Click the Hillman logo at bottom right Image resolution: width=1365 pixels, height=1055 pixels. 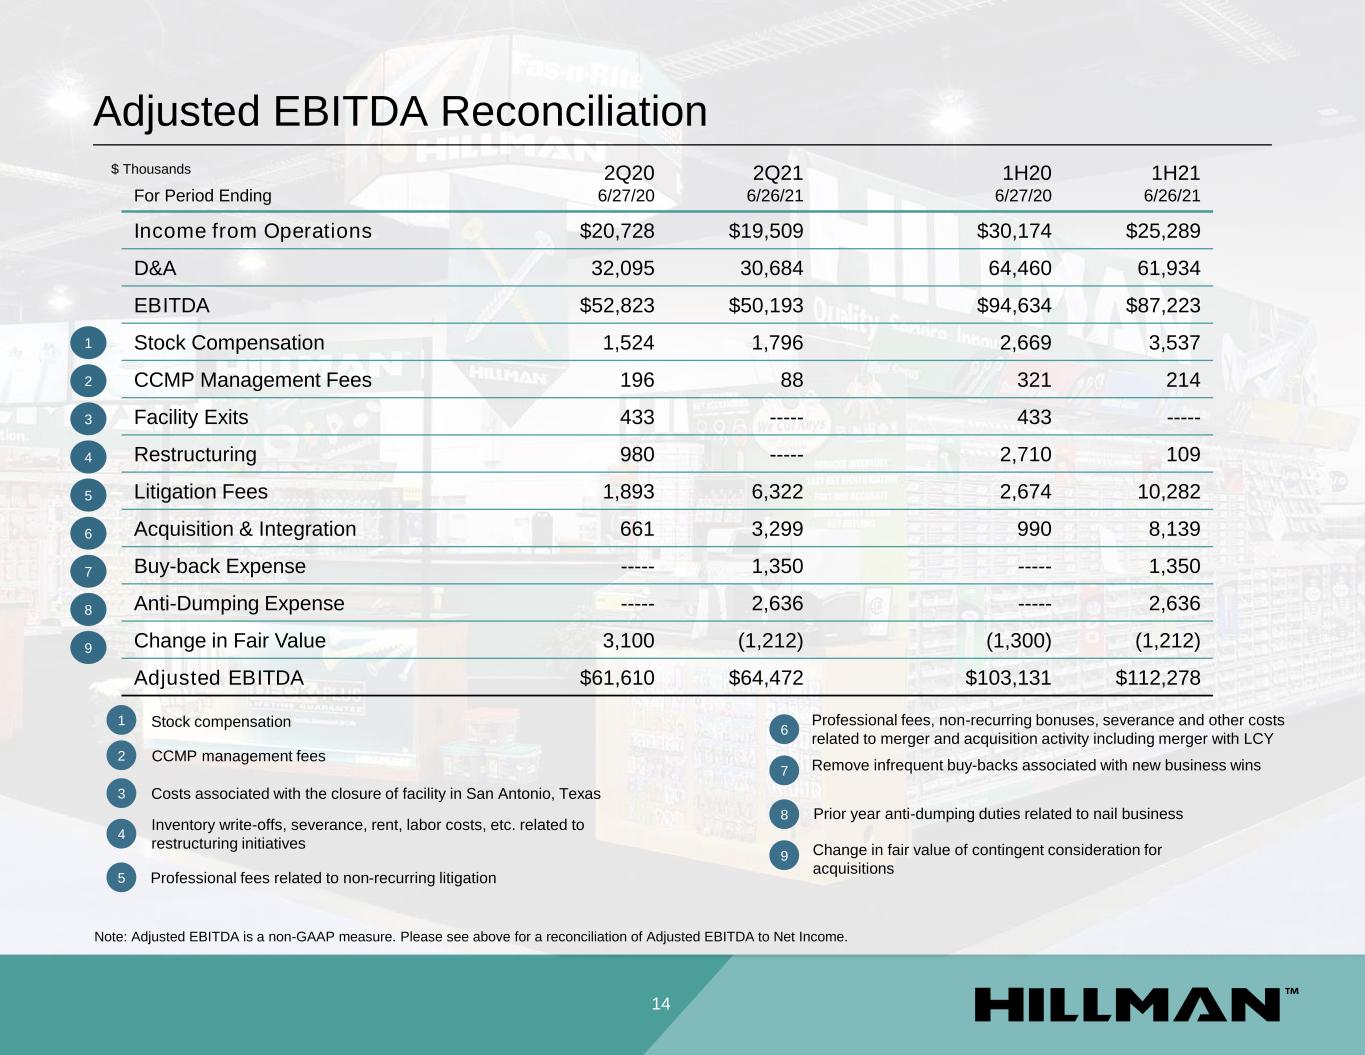pyautogui.click(x=1136, y=1004)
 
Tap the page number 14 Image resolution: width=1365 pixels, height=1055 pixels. pyautogui.click(x=661, y=1004)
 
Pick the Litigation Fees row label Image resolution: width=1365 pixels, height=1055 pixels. pyautogui.click(x=201, y=492)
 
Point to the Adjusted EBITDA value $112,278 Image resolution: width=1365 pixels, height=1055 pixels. pyautogui.click(x=1158, y=678)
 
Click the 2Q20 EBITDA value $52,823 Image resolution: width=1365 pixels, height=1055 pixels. pyautogui.click(x=617, y=306)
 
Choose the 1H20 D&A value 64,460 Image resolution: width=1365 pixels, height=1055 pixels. pyautogui.click(x=1014, y=268)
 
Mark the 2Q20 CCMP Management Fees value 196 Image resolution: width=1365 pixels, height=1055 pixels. pyautogui.click(x=637, y=380)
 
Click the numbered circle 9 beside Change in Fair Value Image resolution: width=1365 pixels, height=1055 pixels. pyautogui.click(x=88, y=649)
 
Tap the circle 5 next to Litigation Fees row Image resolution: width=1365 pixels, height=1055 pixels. pyautogui.click(x=88, y=495)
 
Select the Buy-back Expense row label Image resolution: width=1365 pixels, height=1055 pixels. pyautogui.click(x=220, y=566)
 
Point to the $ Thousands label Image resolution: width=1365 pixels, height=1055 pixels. pyautogui.click(x=151, y=169)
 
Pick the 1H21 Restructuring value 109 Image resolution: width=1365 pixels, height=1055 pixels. pyautogui.click(x=1182, y=455)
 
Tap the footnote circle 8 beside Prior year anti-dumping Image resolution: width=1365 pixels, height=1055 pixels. pyautogui.click(x=784, y=815)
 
